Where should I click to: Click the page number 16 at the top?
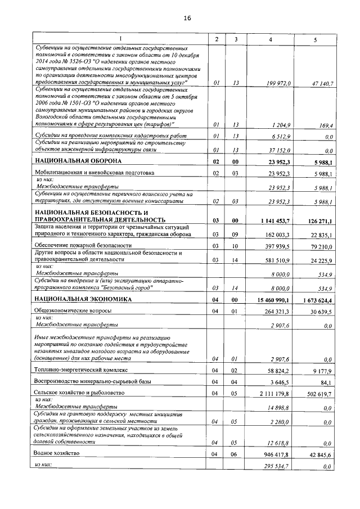pyautogui.click(x=187, y=18)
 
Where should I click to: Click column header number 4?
pyautogui.click(x=271, y=38)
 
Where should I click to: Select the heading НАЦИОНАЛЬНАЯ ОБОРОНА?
pyautogui.click(x=79, y=161)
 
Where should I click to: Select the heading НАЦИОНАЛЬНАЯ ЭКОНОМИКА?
pyautogui.click(x=82, y=299)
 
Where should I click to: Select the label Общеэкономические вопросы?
pyautogui.click(x=73, y=310)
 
